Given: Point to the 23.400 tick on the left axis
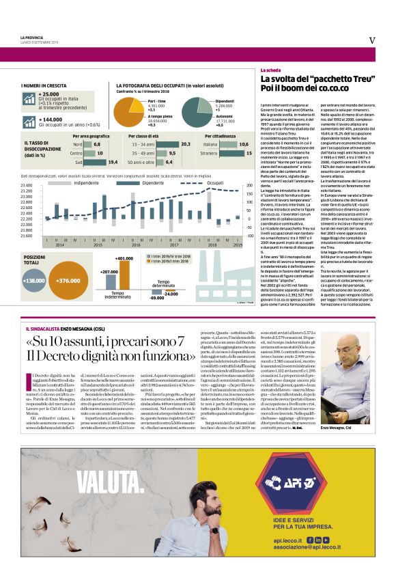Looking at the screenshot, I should [27, 186].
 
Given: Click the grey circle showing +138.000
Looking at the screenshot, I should [33, 280].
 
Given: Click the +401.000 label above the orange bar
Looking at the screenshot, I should [124, 258].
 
